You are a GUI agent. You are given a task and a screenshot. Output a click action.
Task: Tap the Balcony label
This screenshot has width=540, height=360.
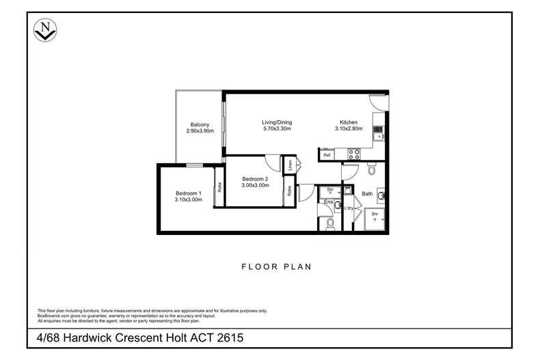(x=200, y=124)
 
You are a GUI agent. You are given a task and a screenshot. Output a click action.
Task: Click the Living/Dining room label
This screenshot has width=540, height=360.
(x=277, y=122)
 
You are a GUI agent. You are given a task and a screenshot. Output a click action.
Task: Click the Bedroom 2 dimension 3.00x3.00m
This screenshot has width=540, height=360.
(x=255, y=185)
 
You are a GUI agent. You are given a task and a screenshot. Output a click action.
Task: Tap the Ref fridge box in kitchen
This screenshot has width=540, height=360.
(x=327, y=156)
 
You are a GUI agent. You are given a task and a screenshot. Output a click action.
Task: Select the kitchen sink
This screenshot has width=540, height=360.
(x=377, y=115)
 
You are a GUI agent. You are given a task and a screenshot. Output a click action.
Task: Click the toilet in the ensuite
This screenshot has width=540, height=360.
(x=330, y=223)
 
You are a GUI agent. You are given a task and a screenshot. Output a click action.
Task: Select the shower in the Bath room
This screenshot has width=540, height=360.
(x=375, y=218)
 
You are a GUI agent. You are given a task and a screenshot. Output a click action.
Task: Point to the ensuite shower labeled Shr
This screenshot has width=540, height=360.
(x=329, y=190)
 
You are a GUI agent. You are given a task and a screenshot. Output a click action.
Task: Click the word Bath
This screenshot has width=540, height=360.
(x=367, y=194)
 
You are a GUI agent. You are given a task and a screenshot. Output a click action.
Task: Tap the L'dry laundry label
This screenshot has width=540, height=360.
(x=348, y=208)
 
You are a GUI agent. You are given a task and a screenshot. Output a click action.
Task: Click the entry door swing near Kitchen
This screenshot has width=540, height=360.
(x=378, y=102)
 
